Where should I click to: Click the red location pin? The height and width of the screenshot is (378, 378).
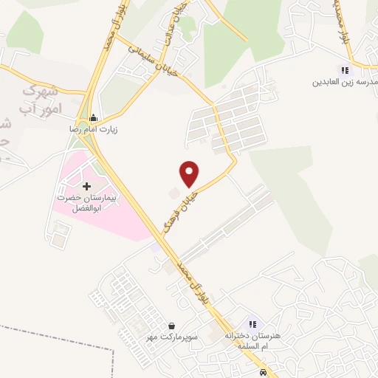pyautogui.click(x=190, y=173)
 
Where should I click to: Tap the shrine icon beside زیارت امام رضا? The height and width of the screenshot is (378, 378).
pyautogui.click(x=93, y=118)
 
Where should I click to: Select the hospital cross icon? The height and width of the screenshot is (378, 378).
pyautogui.click(x=87, y=187)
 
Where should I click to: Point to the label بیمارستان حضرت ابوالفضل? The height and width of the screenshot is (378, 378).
pyautogui.click(x=87, y=205)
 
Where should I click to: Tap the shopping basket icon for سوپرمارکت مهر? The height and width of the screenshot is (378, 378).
pyautogui.click(x=171, y=326)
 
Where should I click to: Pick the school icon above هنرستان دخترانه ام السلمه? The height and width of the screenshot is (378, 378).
pyautogui.click(x=252, y=324)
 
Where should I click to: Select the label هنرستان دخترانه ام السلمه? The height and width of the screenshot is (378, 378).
pyautogui.click(x=253, y=340)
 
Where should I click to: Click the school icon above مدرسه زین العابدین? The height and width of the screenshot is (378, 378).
pyautogui.click(x=344, y=71)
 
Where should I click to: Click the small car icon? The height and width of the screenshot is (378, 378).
pyautogui.click(x=263, y=371)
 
